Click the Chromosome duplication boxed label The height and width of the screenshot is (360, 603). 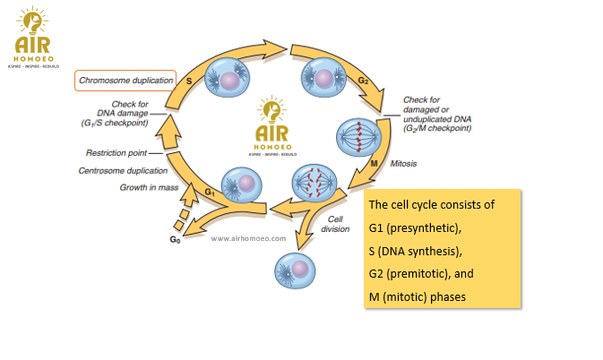[125, 81]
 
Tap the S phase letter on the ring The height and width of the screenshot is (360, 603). [189, 80]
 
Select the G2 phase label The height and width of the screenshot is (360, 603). [362, 81]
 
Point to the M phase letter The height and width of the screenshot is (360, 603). [375, 165]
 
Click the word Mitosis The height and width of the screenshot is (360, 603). [405, 165]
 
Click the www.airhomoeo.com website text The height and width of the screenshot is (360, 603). [248, 239]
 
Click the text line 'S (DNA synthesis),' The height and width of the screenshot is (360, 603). [413, 249]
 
